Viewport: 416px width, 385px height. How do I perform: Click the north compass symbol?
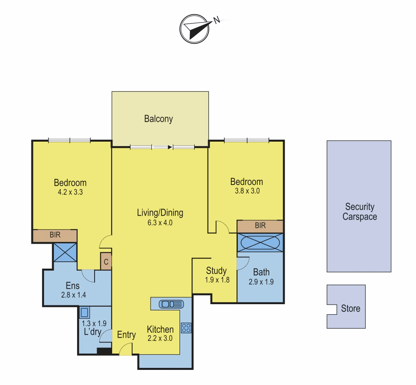point(195,29)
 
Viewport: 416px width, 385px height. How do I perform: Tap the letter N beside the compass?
point(217,20)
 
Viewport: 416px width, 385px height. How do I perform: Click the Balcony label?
point(158,119)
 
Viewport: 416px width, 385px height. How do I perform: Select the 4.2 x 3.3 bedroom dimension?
point(70,192)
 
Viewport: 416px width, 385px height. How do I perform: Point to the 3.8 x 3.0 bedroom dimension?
point(247,191)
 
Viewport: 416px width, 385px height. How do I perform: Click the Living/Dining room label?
point(160,213)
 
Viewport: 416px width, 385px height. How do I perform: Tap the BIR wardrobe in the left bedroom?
point(55,236)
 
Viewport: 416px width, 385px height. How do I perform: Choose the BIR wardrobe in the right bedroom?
point(260,226)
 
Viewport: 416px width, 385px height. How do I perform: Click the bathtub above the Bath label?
point(260,243)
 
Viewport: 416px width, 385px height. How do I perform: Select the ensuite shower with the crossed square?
point(65,252)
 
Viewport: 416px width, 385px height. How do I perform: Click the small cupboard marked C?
point(106,262)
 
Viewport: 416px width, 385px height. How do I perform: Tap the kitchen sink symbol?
point(171,304)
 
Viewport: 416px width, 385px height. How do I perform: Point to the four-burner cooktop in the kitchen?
point(186,328)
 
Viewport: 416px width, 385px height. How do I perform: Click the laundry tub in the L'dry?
point(84,312)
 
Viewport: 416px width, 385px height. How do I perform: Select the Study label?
point(216,271)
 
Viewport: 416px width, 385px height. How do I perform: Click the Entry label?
point(126,335)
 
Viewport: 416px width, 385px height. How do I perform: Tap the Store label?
point(350,309)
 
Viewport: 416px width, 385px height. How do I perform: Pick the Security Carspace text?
point(359,211)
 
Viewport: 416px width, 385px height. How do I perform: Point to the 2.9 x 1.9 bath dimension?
point(261,282)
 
